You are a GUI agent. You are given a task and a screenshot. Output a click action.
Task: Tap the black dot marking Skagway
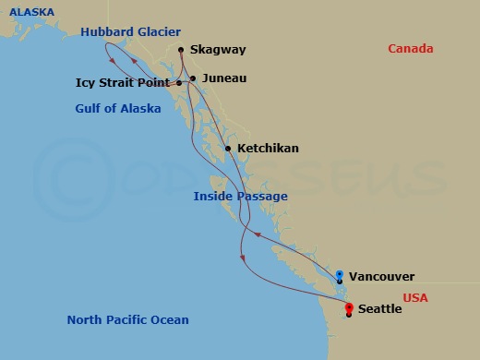coord(181,50)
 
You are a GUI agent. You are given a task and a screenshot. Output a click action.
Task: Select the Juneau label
coord(223,78)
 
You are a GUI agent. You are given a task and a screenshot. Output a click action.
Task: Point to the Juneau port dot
coord(192,78)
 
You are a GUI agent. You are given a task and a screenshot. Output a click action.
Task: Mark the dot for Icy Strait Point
coord(179,83)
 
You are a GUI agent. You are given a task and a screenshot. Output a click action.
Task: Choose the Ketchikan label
coord(268,148)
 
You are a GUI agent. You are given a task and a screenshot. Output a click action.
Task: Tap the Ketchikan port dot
coord(228,148)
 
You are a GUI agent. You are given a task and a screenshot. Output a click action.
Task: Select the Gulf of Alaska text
coord(118,109)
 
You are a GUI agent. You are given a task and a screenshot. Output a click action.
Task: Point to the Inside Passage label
coord(240,197)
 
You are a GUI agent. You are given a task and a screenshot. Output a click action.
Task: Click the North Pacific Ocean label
coord(127,320)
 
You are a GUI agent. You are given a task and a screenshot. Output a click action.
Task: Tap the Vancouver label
coord(383,276)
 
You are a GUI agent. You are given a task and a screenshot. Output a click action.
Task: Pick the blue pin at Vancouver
coord(340,275)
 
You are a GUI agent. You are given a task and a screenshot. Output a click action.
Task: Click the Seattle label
coord(378,309)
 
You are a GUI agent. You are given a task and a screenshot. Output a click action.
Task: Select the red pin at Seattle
coord(348,308)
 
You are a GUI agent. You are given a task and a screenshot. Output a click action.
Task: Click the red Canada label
coord(411,49)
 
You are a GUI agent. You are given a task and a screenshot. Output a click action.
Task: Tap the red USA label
coord(415,298)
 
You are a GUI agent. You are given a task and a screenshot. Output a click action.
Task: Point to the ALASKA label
coord(32,12)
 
